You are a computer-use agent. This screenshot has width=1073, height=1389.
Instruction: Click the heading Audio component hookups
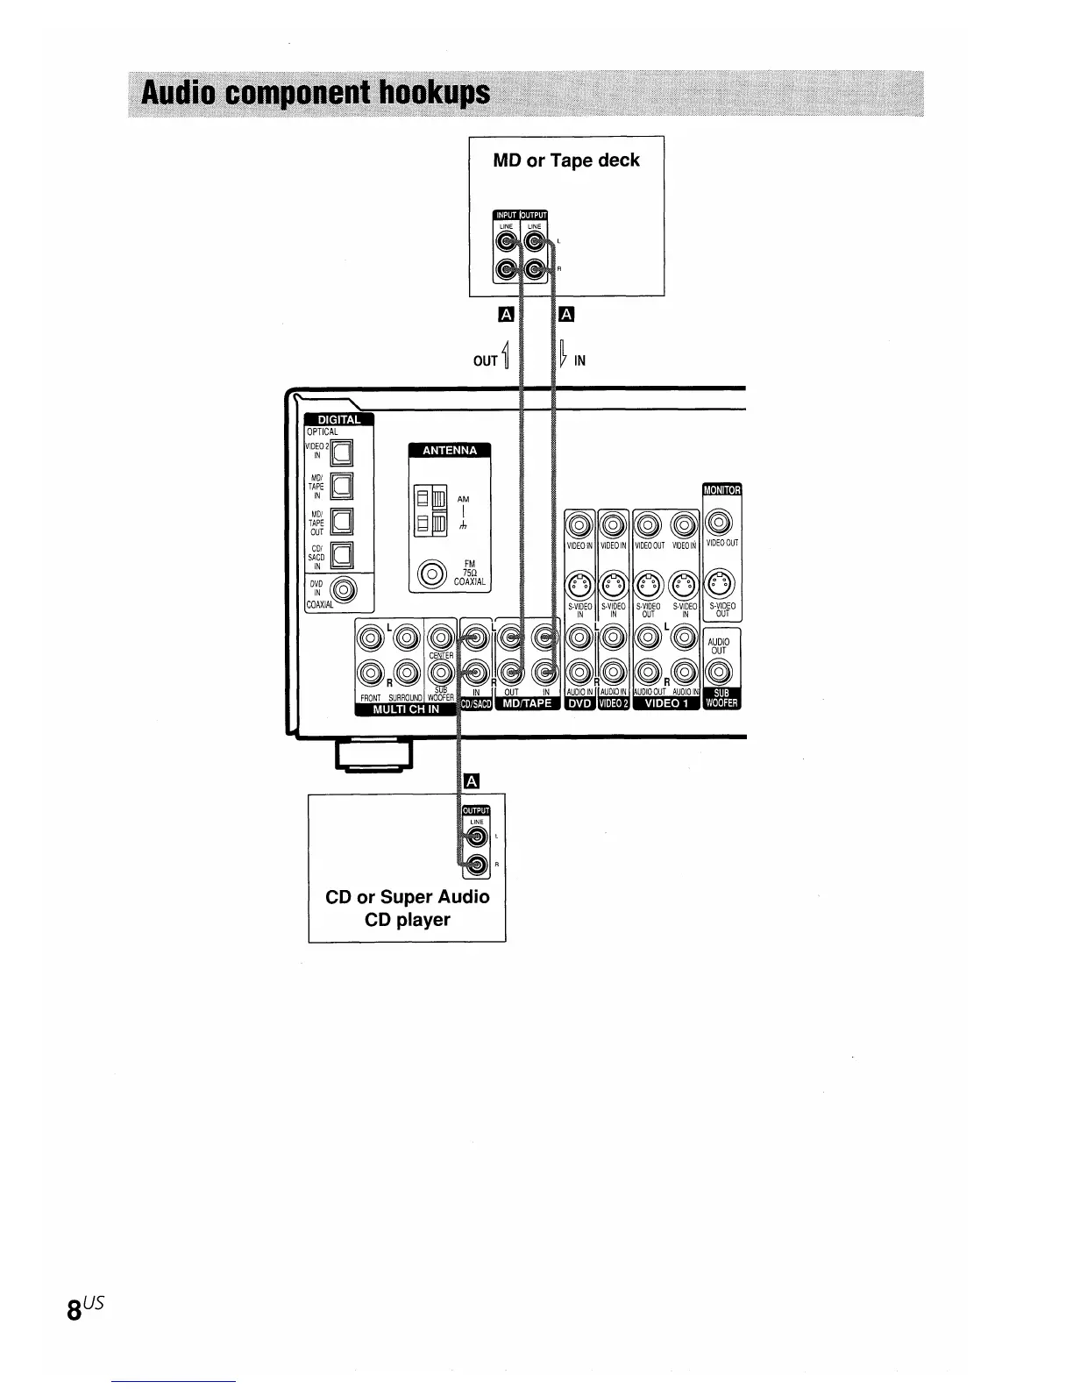pos(316,93)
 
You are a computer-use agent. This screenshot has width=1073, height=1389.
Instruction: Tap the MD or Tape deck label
pos(566,160)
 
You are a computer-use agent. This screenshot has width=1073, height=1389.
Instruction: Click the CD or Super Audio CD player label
pos(407,908)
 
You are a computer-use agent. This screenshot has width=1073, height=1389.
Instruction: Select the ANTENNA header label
pos(450,451)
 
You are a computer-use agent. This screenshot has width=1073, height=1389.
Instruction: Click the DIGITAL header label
pos(338,419)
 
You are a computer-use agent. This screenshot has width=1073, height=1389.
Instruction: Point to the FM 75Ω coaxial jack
pos(430,575)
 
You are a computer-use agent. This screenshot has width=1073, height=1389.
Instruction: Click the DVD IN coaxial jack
pos(343,590)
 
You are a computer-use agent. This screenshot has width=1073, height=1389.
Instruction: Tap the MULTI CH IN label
pos(406,709)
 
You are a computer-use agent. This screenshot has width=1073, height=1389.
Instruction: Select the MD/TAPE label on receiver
pos(527,703)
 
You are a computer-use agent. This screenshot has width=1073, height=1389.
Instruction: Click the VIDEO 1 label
pos(666,703)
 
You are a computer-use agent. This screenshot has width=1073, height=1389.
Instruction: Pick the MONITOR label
pos(721,489)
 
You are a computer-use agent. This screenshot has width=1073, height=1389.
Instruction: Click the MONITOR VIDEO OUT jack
pos(719,523)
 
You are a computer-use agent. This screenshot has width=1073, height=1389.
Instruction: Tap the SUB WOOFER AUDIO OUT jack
pos(719,673)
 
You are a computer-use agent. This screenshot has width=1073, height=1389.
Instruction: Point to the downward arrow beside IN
pos(564,358)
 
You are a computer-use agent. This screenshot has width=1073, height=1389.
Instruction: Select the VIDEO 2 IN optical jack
pos(341,452)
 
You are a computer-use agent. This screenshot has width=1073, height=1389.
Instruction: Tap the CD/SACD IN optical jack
pos(341,553)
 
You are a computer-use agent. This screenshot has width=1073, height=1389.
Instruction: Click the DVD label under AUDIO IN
pos(580,703)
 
